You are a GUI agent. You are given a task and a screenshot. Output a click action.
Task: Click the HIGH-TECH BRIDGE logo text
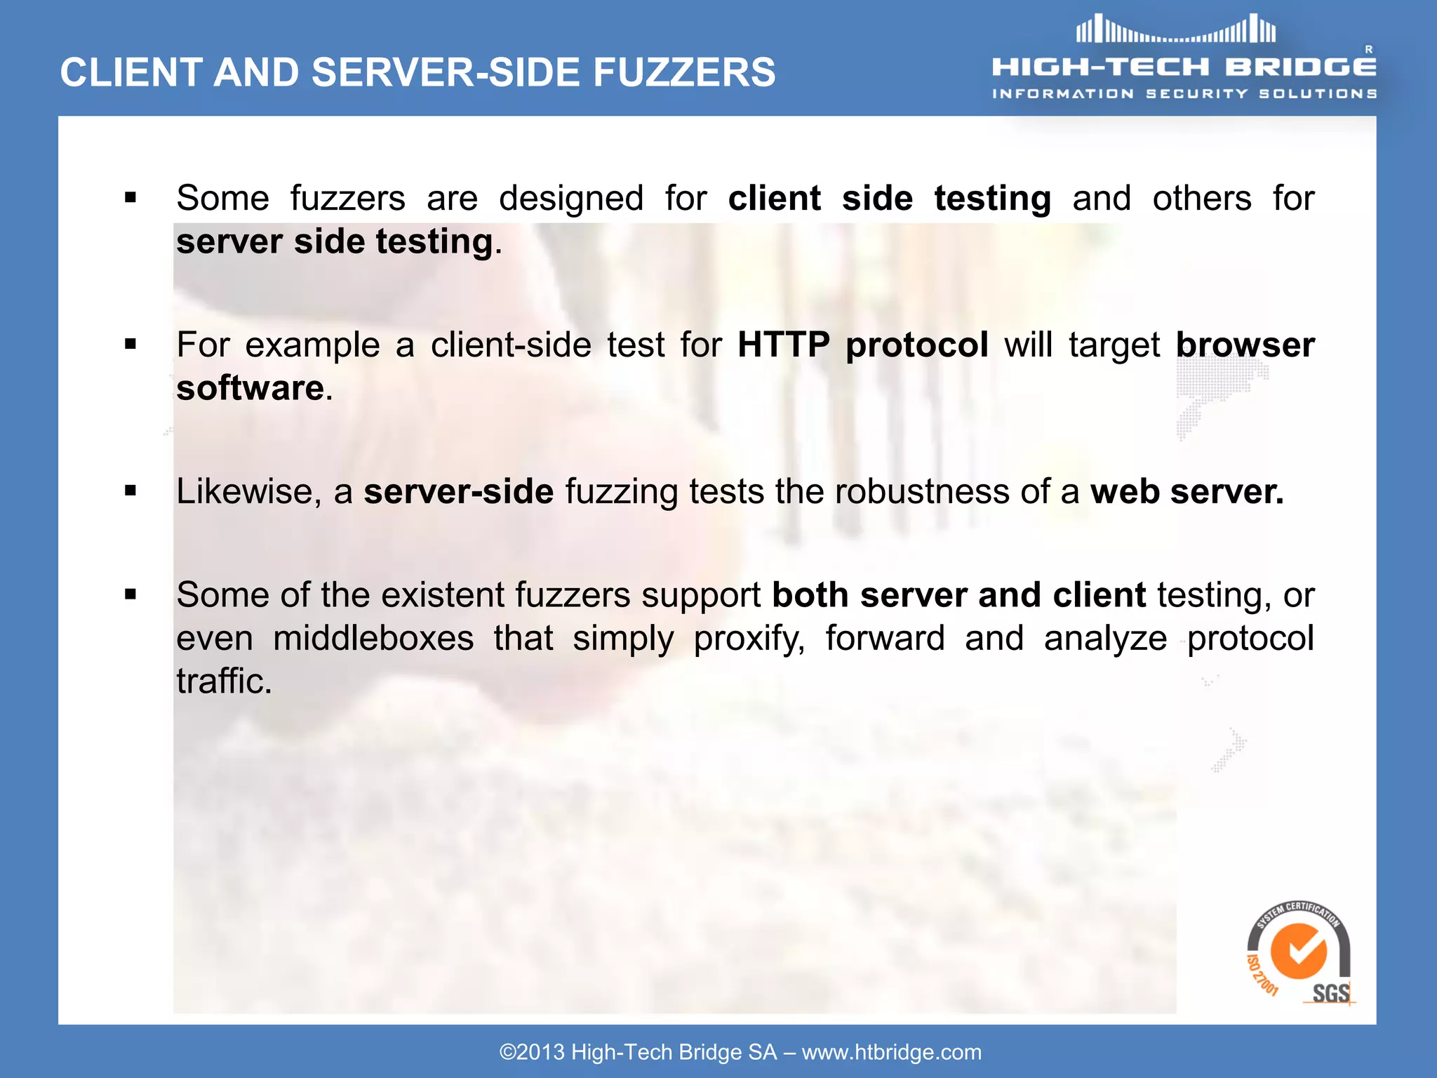(x=1184, y=67)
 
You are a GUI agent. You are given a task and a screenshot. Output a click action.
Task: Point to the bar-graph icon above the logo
(x=1176, y=30)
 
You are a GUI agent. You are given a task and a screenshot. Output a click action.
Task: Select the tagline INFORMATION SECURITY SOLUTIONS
(x=1184, y=94)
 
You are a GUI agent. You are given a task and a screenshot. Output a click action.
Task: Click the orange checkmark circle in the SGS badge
(x=1298, y=950)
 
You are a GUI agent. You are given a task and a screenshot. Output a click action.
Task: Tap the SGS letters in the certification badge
(x=1331, y=993)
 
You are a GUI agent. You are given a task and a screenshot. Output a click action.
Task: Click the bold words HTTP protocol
(x=863, y=345)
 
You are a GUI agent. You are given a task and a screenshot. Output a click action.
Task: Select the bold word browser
(x=1245, y=345)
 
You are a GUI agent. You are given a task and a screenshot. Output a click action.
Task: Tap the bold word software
(x=250, y=388)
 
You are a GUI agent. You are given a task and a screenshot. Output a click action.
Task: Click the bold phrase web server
(x=1187, y=491)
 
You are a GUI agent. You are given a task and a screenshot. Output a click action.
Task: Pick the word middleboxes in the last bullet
(x=373, y=639)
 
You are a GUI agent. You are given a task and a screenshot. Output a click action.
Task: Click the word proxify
(x=749, y=639)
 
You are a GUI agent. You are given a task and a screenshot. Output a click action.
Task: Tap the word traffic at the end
(x=223, y=681)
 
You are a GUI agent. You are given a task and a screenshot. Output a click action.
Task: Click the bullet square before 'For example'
(x=131, y=345)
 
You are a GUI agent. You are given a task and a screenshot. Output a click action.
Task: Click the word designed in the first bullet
(x=571, y=199)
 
